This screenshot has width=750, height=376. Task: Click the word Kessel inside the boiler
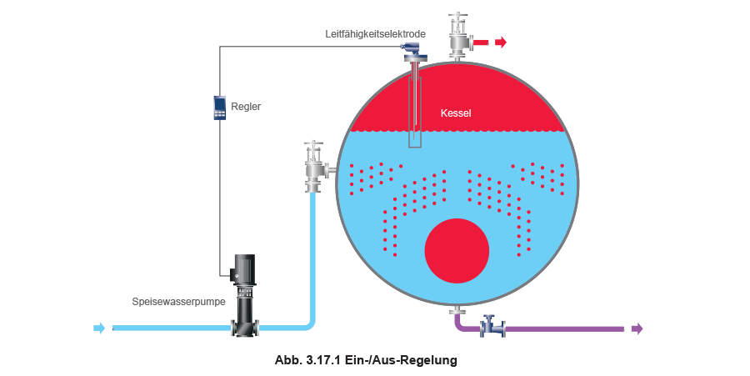coord(456,113)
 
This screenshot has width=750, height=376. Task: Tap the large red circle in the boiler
coord(456,251)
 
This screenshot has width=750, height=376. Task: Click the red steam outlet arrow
coord(500,42)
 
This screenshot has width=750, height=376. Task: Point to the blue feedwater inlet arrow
coord(100,328)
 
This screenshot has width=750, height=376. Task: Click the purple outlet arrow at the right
coord(637,328)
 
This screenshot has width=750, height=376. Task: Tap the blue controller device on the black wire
coord(220,108)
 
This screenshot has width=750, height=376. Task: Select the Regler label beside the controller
coord(246,108)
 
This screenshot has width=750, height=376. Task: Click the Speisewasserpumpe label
coord(180,302)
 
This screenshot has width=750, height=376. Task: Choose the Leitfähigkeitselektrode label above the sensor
coord(376,34)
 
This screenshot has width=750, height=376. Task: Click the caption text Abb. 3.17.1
coord(307,361)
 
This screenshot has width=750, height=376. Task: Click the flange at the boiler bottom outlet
coord(456,311)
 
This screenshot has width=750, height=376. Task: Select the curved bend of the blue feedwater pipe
coord(309,322)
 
